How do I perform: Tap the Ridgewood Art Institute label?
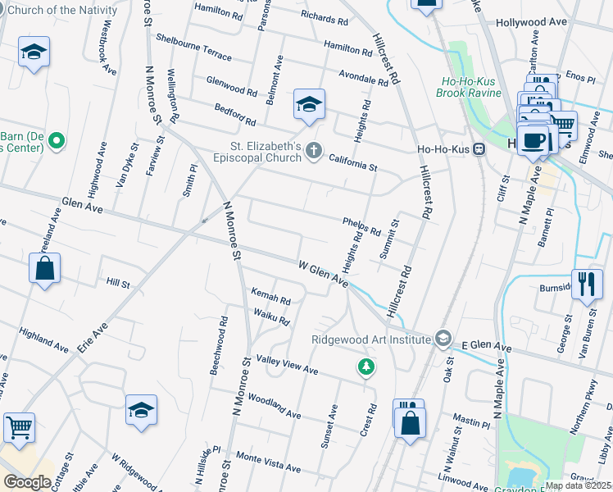click(370, 339)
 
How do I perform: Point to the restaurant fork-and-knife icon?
click(587, 285)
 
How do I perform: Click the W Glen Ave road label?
click(323, 276)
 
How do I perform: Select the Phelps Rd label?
click(361, 227)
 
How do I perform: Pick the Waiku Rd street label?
click(272, 317)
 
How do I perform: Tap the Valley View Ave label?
click(287, 365)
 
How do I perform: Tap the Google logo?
click(27, 481)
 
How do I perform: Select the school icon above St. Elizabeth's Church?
click(309, 105)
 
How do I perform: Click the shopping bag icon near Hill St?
click(44, 268)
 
